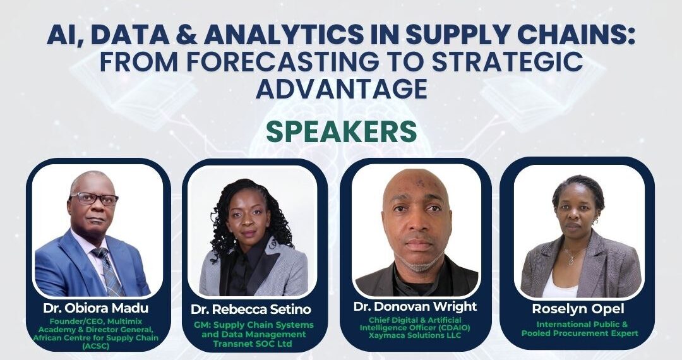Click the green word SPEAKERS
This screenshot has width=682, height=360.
(x=342, y=132)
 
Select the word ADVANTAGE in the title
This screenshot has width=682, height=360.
(x=342, y=88)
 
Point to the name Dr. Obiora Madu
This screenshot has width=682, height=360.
(x=96, y=308)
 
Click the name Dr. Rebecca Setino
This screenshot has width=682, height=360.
(x=251, y=309)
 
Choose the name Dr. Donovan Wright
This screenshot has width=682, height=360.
(x=415, y=306)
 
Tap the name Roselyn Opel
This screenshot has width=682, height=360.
(x=578, y=309)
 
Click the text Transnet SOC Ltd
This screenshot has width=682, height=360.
(x=252, y=344)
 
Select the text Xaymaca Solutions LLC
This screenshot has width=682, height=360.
(x=415, y=335)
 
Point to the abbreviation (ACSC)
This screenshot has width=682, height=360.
(x=96, y=346)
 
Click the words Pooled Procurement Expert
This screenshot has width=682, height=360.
(x=580, y=333)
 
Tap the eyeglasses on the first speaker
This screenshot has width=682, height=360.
(x=94, y=199)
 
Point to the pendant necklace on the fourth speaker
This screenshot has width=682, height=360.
(x=571, y=261)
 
